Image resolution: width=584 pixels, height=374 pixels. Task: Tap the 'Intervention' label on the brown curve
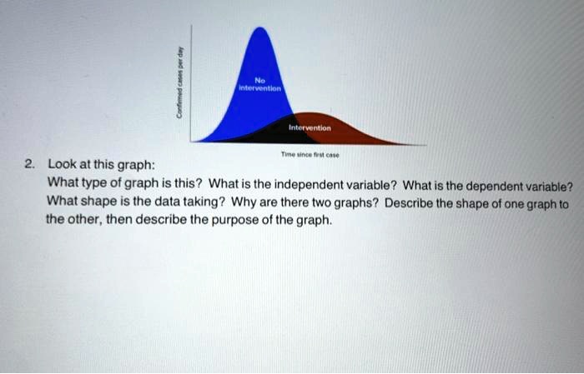point(310,128)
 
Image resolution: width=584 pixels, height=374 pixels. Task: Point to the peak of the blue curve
point(263,29)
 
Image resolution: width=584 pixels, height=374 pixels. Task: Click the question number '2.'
point(30,164)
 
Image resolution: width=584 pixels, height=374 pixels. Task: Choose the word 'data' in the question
point(161,202)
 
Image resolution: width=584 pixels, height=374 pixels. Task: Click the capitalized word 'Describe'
point(388,202)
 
